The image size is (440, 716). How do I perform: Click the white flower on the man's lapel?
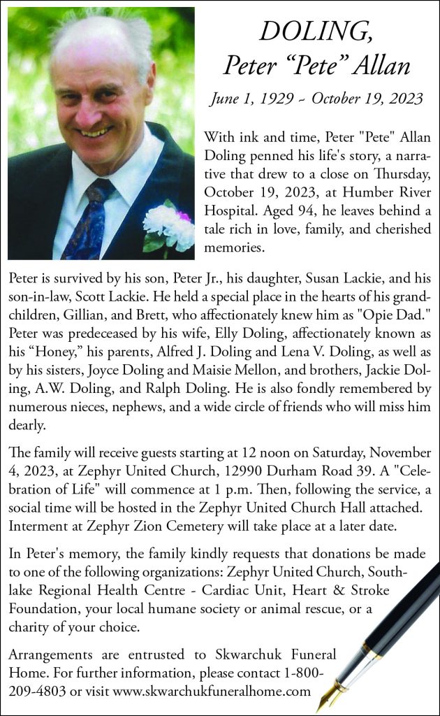pyautogui.click(x=167, y=227)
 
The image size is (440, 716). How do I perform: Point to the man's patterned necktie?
pyautogui.click(x=87, y=217)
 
